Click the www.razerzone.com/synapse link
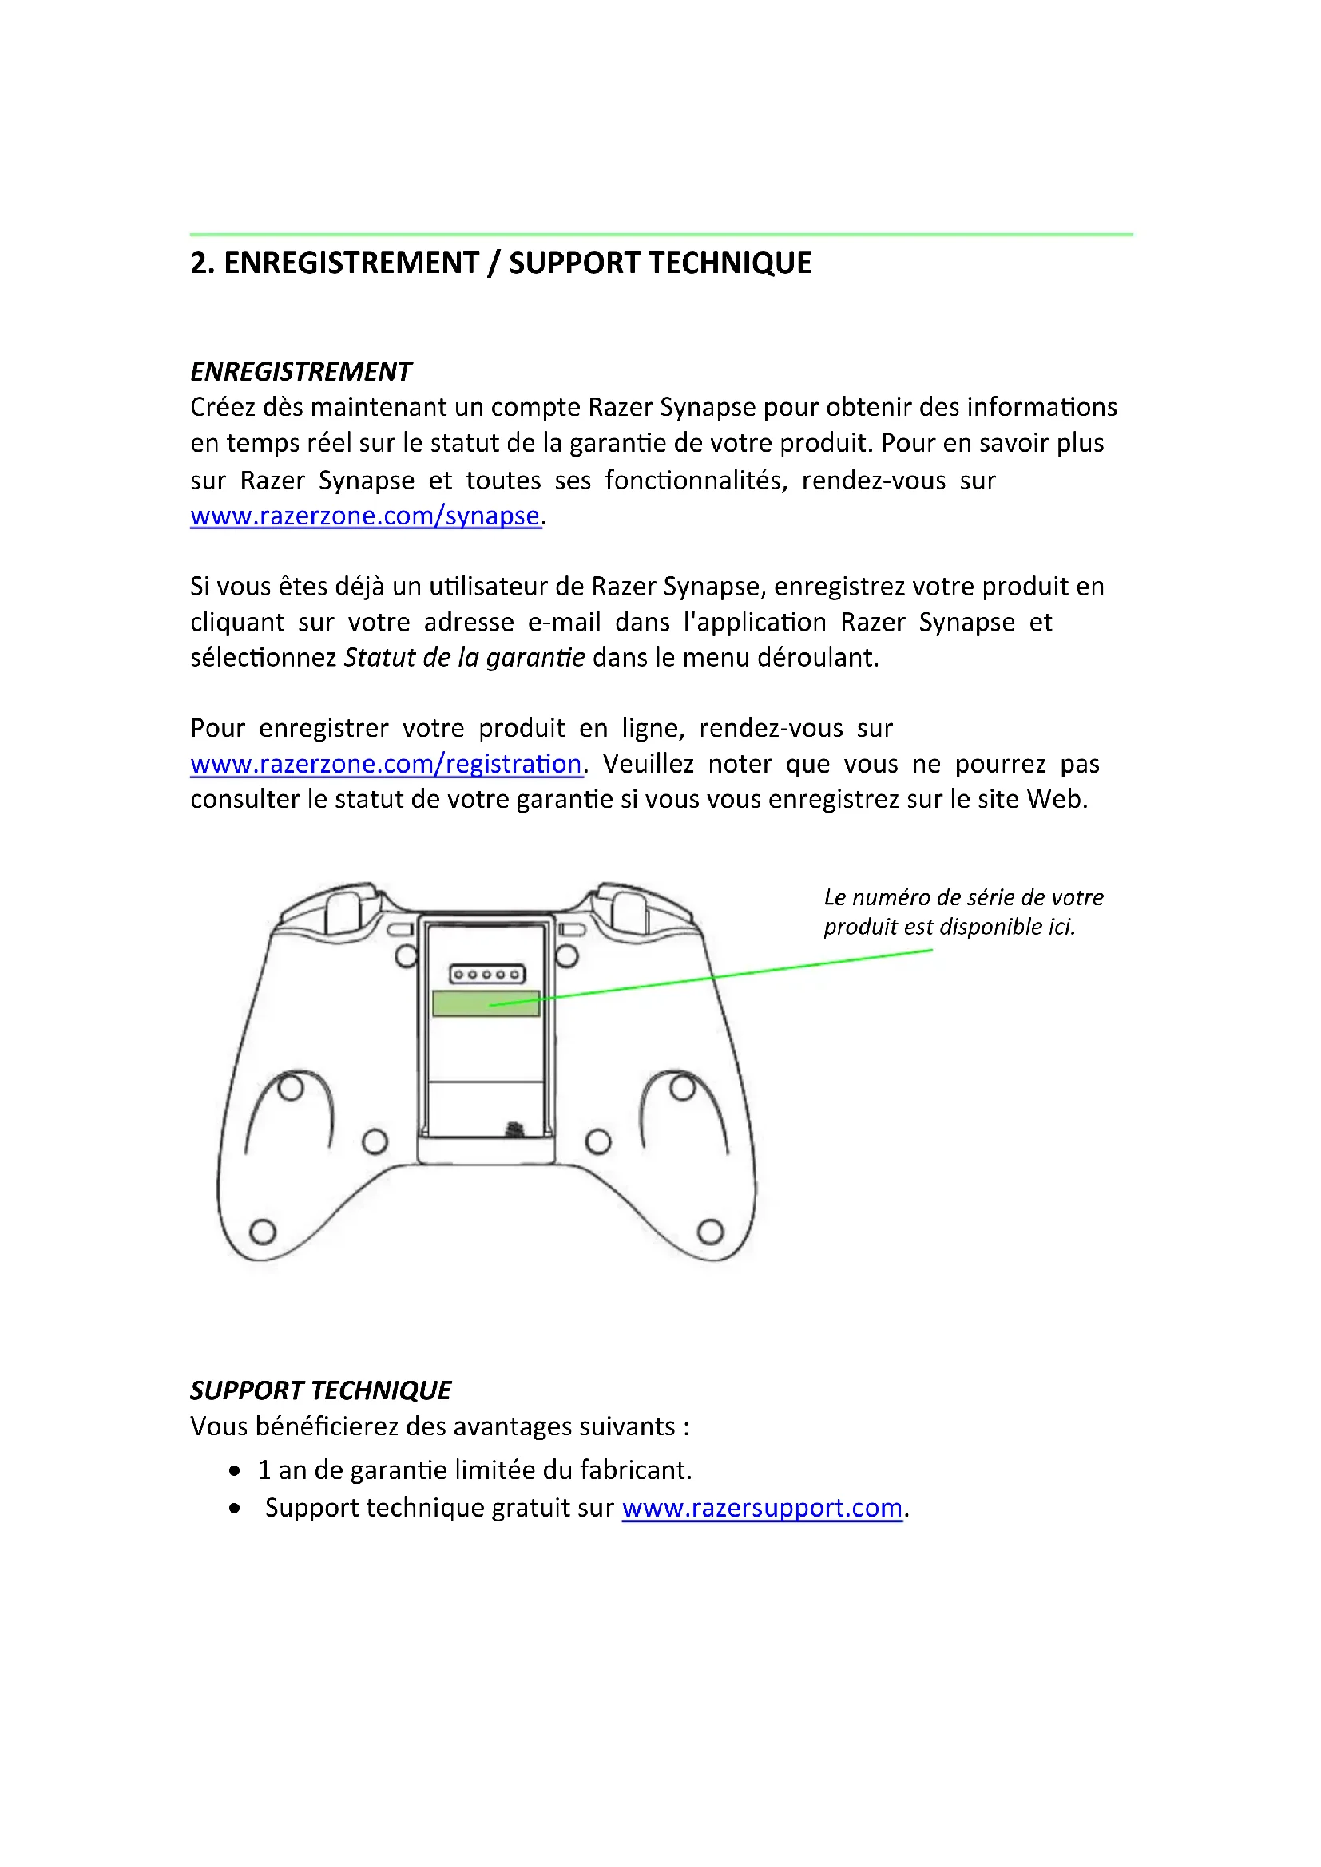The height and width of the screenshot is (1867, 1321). (365, 516)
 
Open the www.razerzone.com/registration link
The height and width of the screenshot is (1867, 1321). (387, 764)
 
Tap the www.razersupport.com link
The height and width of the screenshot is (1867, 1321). (762, 1508)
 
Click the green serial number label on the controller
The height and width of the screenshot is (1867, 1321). (486, 1003)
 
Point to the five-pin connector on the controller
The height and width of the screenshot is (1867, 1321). (487, 973)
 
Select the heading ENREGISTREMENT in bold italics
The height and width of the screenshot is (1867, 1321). (301, 372)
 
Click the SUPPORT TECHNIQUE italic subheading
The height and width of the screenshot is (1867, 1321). (320, 1390)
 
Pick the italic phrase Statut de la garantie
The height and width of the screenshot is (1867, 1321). (464, 657)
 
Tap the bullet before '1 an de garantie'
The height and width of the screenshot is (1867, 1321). (235, 1470)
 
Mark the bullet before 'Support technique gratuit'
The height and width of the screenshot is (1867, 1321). (235, 1509)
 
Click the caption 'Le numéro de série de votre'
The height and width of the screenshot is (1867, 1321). (963, 897)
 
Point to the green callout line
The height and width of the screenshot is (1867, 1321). (732, 975)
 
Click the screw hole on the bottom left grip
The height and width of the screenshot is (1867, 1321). (262, 1232)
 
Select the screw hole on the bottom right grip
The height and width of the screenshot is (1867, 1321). (710, 1232)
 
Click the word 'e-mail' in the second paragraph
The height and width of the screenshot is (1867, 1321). (564, 622)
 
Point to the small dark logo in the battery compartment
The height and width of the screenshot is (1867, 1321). (514, 1129)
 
